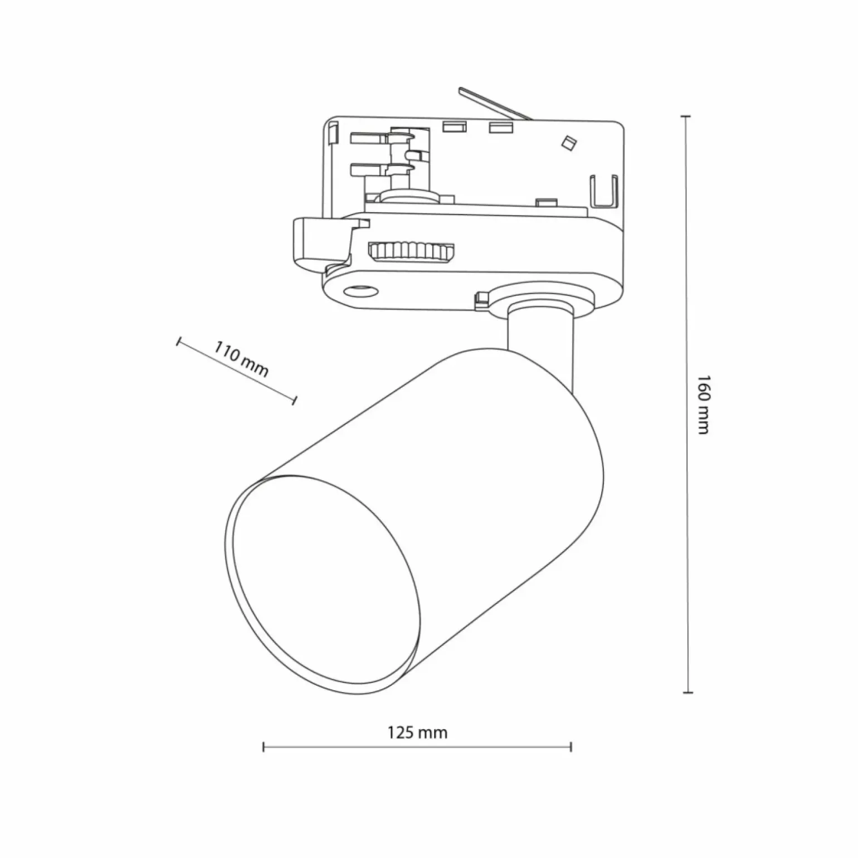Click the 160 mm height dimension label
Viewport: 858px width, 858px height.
pos(703,404)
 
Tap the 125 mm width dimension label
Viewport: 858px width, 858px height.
pos(417,732)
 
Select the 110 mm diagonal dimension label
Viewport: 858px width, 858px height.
pos(241,362)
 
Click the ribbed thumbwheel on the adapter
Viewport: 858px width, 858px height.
pos(411,251)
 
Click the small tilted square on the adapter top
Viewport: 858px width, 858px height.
pos(568,142)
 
